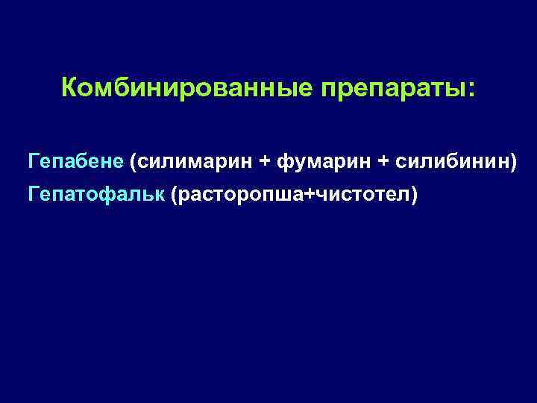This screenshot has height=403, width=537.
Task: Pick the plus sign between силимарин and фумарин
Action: pos(263,160)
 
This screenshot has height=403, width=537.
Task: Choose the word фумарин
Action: pos(321,160)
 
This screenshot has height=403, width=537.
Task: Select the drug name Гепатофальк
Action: pos(96,196)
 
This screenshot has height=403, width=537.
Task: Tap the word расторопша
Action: pos(240,196)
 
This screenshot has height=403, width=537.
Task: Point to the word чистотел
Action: pos(363,196)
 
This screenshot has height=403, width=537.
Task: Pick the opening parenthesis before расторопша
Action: pos(174,196)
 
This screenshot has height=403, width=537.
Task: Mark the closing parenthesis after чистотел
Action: pos(415,196)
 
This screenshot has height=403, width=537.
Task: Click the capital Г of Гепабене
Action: pos(33,160)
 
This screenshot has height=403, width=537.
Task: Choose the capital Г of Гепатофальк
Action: pos(33,196)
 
